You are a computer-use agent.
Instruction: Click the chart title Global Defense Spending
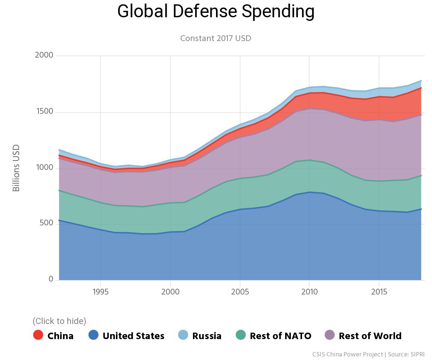point(216,12)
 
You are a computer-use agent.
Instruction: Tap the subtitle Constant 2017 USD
point(216,38)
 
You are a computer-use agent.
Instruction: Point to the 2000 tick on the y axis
point(44,55)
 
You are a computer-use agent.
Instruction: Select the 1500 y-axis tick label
point(44,112)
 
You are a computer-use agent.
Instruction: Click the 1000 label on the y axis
point(44,168)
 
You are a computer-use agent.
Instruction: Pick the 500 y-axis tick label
point(46,224)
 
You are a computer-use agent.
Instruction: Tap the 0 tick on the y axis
point(51,279)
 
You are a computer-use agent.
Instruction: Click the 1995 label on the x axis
point(100,291)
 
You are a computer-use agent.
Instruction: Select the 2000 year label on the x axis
point(170,291)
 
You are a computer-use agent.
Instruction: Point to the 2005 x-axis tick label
point(240,291)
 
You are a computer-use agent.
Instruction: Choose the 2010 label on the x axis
point(309,291)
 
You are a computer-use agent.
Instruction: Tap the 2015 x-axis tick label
point(379,291)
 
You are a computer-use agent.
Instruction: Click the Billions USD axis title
point(16,168)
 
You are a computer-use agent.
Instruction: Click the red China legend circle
point(38,335)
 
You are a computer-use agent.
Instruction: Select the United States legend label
point(133,336)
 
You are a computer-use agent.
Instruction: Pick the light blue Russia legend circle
point(183,335)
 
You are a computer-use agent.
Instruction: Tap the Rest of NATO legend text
point(280,336)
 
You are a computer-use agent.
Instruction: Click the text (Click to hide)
point(59,321)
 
